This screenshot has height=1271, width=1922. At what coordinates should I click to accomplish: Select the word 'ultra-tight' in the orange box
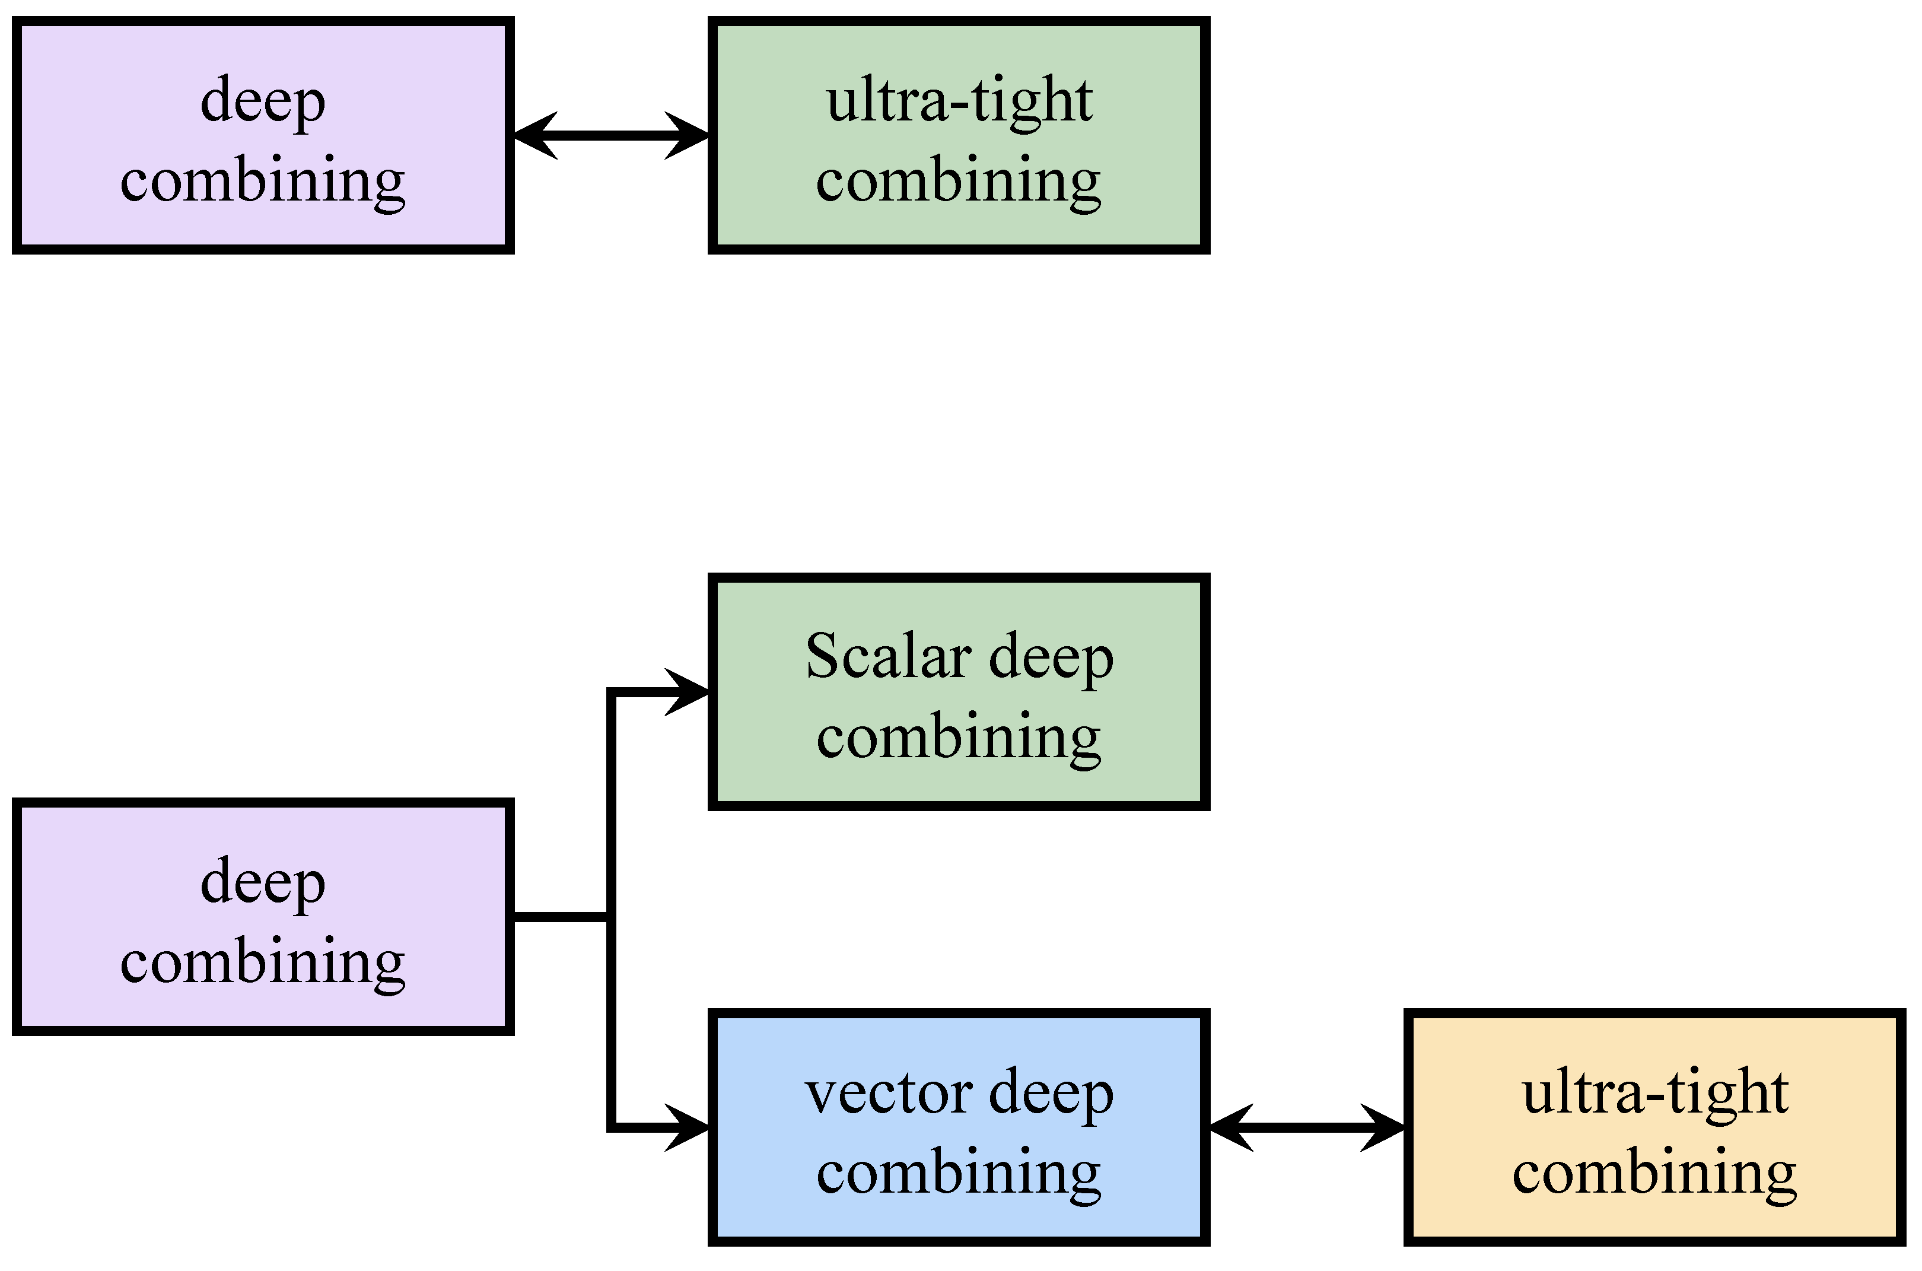click(1654, 1094)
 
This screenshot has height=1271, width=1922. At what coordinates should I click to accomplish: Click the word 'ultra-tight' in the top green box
click(959, 101)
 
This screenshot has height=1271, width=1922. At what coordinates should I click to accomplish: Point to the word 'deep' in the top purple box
click(263, 103)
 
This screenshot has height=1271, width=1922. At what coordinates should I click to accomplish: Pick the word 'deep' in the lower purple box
click(263, 884)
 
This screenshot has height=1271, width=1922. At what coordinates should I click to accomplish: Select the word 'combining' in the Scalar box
click(959, 738)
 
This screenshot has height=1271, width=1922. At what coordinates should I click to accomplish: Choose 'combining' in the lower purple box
click(263, 963)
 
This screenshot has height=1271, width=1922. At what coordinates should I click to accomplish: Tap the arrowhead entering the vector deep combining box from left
click(690, 1127)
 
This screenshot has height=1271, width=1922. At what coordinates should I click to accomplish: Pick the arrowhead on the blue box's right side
click(1230, 1127)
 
